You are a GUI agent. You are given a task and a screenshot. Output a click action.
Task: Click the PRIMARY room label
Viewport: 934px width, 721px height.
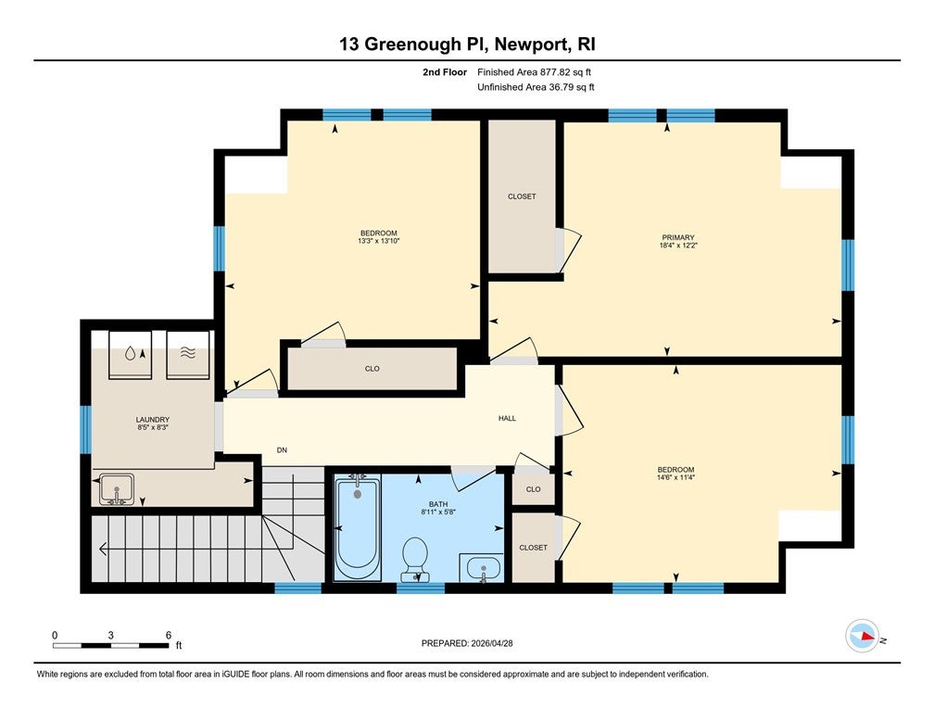678,237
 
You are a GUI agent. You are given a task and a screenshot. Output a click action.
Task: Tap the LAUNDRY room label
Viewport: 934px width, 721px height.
153,420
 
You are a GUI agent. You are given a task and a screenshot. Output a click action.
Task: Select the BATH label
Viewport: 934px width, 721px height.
437,504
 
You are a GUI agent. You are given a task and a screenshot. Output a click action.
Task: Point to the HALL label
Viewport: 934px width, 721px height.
507,418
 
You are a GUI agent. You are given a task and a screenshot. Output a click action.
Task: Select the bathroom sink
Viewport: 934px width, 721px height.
482,568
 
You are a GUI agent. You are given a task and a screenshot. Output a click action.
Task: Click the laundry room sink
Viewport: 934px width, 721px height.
117,489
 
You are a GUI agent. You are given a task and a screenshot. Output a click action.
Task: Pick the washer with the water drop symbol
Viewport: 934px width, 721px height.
130,354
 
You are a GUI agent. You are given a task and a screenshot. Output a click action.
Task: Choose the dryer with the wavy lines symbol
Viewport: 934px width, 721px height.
187,354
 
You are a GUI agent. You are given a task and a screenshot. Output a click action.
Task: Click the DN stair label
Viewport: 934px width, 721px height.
282,449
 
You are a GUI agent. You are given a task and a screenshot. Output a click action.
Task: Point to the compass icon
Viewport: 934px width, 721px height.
863,636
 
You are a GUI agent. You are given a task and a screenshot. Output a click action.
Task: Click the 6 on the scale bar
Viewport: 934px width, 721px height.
169,635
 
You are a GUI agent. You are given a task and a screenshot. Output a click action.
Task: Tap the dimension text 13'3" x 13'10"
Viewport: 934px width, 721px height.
378,241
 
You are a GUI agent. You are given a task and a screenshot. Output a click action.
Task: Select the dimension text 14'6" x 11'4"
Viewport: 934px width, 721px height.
675,477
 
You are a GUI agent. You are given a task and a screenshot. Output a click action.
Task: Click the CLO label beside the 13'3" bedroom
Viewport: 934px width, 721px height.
372,369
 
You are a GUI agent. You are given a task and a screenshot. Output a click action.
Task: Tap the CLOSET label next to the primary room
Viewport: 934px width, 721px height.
522,196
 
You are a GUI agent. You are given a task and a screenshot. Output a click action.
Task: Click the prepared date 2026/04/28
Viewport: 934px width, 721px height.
492,643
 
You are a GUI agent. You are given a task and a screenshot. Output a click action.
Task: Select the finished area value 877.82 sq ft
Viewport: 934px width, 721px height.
565,72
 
